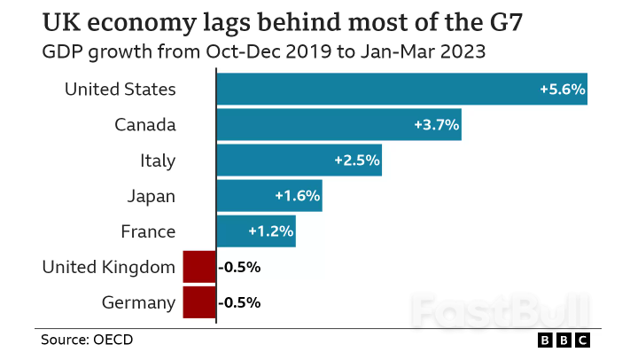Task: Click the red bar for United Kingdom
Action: [x=199, y=267]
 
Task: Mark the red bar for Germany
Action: [x=199, y=302]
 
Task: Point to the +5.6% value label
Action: [x=561, y=90]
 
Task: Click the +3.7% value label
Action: [x=436, y=125]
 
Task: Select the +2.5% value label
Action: [x=356, y=160]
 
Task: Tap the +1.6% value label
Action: [x=297, y=196]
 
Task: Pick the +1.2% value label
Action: [x=270, y=231]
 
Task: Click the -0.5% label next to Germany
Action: [x=239, y=302]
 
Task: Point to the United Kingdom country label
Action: [x=109, y=267]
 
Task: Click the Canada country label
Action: [x=144, y=125]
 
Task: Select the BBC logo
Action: [x=564, y=340]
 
